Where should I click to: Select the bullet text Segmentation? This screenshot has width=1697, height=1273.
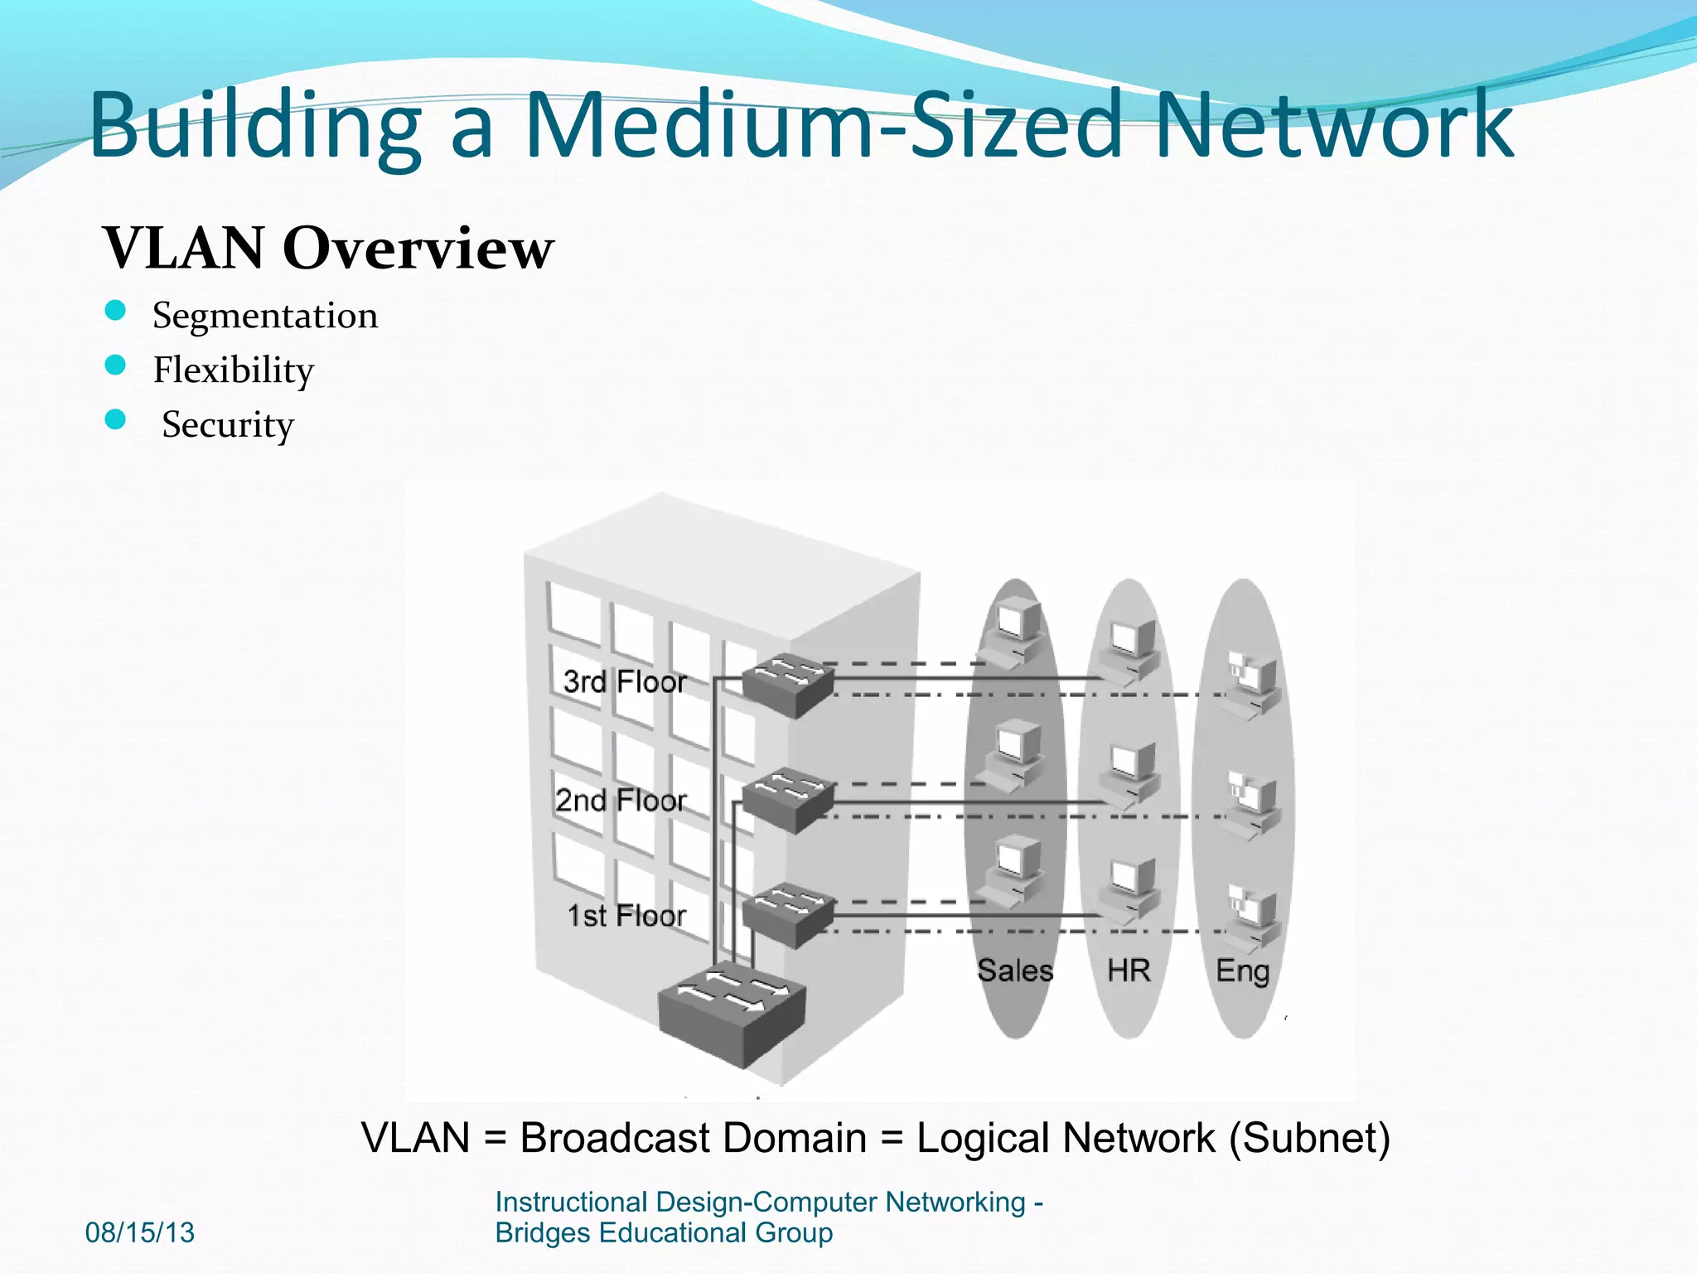(265, 316)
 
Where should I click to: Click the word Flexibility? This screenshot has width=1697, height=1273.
(234, 370)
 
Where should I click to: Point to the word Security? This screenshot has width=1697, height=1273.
(228, 424)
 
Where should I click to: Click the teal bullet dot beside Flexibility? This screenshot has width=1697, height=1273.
(115, 365)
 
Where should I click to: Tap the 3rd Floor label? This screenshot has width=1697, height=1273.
(625, 681)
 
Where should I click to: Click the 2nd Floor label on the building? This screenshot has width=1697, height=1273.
(621, 800)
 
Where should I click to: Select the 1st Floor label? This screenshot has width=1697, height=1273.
(626, 915)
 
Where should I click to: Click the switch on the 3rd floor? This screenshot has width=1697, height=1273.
(787, 685)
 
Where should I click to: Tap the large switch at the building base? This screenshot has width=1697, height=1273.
(732, 1013)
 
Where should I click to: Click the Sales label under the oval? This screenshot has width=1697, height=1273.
(1015, 970)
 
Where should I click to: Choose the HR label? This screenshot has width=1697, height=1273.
(1129, 970)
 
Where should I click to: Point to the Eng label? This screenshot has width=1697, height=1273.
(1242, 970)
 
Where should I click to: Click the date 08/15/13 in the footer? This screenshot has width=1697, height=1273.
(140, 1232)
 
